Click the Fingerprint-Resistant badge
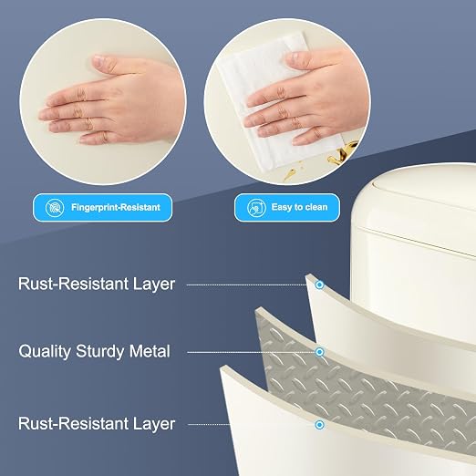103,207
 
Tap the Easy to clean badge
287,207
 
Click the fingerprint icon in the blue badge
55,208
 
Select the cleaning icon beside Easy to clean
256,208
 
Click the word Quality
45,351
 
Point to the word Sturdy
100,351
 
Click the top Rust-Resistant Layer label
97,284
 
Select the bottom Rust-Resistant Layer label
97,424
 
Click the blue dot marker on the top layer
319,285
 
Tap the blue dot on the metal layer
319,352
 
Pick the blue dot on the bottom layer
319,425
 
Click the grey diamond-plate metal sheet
358,383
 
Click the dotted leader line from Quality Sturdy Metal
251,352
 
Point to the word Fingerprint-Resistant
116,207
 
